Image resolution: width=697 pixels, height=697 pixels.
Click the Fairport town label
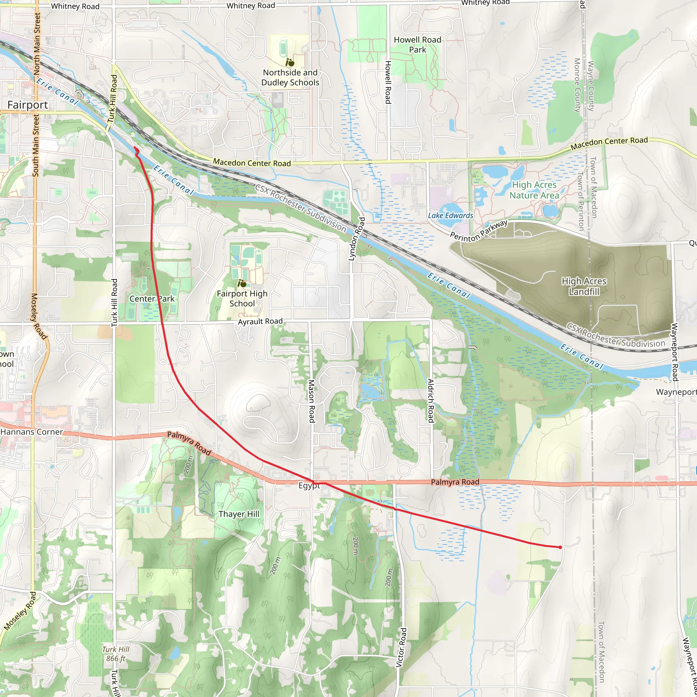(x=28, y=105)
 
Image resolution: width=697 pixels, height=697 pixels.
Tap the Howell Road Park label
(x=417, y=45)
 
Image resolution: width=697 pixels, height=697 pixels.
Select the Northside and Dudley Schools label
(x=290, y=78)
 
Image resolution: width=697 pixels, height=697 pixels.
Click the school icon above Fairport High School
(x=242, y=283)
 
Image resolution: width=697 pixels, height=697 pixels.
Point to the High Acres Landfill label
(x=584, y=286)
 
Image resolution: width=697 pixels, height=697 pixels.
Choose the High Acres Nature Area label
(x=534, y=190)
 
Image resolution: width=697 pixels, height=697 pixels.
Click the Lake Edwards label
(x=450, y=215)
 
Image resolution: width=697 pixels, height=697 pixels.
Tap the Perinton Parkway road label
(x=479, y=231)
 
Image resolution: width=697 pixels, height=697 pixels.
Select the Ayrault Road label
(x=260, y=321)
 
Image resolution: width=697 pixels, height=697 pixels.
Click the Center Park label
(x=152, y=299)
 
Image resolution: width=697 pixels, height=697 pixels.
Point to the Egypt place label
(x=309, y=486)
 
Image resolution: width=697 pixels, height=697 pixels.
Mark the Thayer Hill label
(x=239, y=514)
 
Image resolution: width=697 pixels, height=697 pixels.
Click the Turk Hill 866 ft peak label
(x=115, y=654)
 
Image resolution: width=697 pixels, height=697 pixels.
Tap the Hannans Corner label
(x=32, y=432)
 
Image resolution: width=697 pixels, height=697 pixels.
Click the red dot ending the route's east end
(x=560, y=547)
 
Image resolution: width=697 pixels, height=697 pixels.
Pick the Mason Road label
(x=312, y=401)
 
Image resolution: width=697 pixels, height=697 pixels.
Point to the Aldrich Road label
(x=431, y=400)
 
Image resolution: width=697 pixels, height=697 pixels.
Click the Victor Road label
(x=401, y=647)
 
